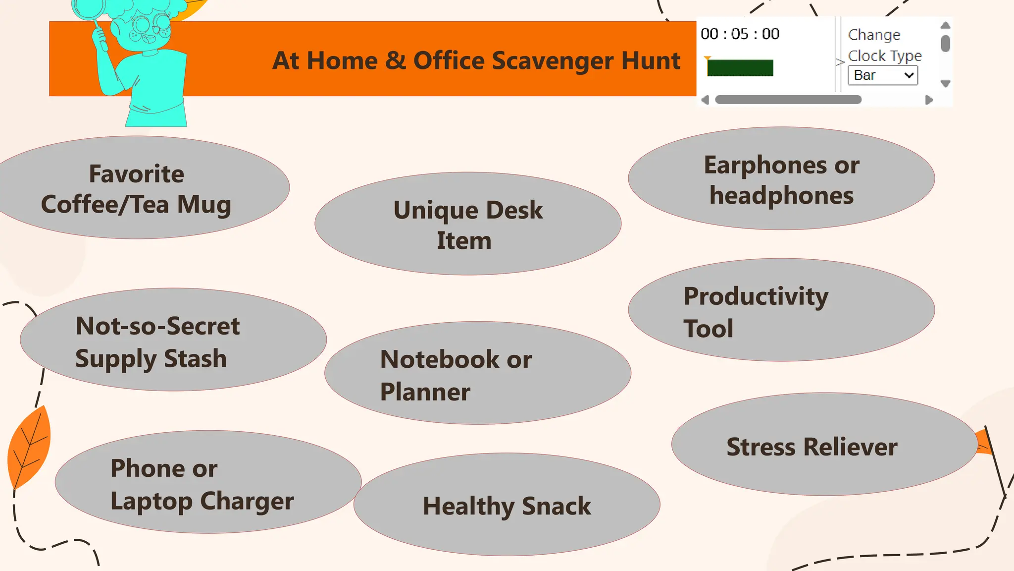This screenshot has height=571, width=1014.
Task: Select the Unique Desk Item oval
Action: [x=468, y=224]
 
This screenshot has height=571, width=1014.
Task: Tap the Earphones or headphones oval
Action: [x=781, y=179]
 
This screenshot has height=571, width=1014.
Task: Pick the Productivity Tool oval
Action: [x=781, y=310]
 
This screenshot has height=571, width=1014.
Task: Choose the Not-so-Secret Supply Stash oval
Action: [x=173, y=340]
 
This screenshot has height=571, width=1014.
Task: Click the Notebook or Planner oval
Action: [x=478, y=373]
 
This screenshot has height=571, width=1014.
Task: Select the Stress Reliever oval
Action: [x=824, y=445]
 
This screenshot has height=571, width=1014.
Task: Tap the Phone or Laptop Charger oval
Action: [x=208, y=482]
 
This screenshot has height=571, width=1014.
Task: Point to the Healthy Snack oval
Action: [x=507, y=505]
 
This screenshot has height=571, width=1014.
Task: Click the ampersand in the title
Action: [x=396, y=61]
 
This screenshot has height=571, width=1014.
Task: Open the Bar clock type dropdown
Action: [x=883, y=75]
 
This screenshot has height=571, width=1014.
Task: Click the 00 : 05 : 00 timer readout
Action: [x=740, y=34]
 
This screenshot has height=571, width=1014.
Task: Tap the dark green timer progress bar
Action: [x=740, y=68]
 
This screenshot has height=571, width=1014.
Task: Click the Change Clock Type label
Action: [x=884, y=45]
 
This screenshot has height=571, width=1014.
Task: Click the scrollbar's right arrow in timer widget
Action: [x=929, y=100]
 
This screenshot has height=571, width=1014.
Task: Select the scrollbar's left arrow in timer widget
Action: [x=705, y=100]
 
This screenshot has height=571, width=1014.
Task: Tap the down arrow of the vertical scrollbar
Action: [x=945, y=84]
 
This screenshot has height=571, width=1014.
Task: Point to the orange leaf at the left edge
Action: [x=30, y=446]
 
